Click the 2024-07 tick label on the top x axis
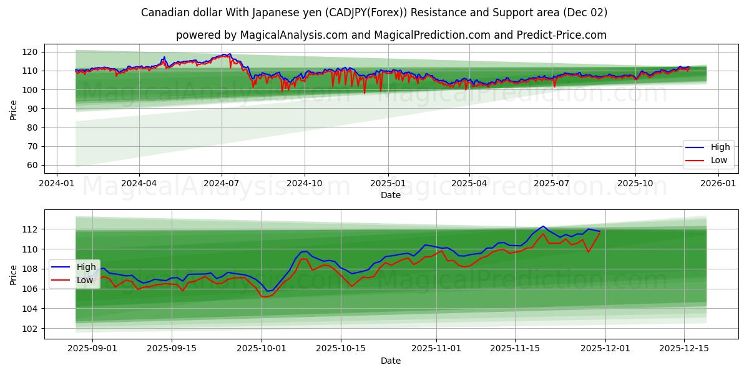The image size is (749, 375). click(x=222, y=184)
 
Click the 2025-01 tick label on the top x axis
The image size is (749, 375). click(x=388, y=184)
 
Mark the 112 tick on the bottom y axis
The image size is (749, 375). click(x=32, y=229)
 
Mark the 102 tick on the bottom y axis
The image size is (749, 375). click(x=32, y=329)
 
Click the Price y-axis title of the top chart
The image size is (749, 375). click(x=14, y=109)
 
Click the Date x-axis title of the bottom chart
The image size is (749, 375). click(x=391, y=361)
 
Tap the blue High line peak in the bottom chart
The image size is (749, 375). click(x=542, y=226)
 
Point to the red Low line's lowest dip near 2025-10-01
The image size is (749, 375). click(x=265, y=297)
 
